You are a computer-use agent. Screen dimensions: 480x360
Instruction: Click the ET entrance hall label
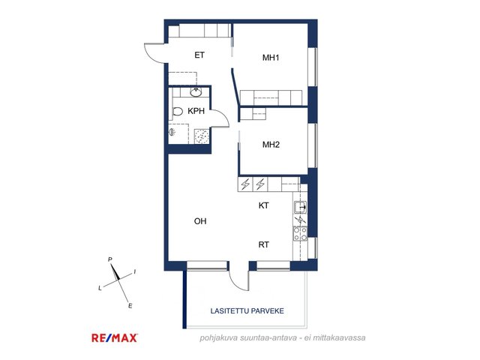point(199,55)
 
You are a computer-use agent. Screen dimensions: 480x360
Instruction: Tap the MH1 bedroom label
point(271,58)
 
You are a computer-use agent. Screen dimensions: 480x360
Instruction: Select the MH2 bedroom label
point(271,145)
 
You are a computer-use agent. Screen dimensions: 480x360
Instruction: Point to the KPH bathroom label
point(196,111)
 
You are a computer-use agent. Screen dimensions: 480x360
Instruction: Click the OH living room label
point(200,221)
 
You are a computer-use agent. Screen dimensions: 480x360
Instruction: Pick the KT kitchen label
point(263,205)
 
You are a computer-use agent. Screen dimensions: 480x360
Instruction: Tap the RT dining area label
point(263,244)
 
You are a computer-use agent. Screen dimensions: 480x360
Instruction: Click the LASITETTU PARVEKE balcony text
point(247,311)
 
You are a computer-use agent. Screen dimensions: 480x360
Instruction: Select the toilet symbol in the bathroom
point(178,112)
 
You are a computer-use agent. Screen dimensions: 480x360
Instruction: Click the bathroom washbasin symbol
point(196,91)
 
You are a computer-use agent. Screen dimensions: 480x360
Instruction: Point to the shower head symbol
point(172,132)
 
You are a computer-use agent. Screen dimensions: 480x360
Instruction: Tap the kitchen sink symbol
point(300,208)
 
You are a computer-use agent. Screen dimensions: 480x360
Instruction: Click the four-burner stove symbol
point(300,233)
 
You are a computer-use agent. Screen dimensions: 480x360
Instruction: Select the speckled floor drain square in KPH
point(202,136)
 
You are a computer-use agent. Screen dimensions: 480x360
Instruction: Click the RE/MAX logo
point(115,338)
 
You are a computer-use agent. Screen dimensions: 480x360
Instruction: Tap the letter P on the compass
point(110,259)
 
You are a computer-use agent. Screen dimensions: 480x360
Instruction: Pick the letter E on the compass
point(130,306)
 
